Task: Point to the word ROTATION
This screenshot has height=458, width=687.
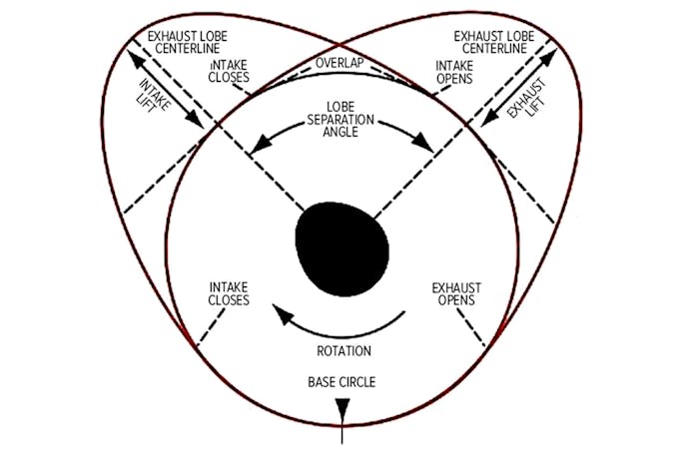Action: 343,350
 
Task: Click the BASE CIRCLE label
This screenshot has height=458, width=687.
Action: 343,381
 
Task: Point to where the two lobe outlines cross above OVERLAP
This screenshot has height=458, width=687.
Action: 343,46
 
